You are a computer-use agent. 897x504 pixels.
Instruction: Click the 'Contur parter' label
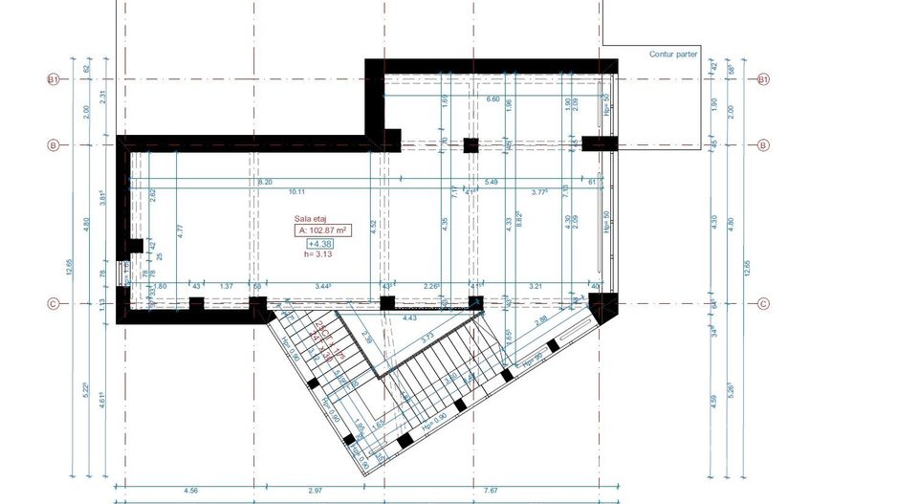point(673,55)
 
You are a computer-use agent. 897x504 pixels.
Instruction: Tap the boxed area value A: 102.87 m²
point(320,230)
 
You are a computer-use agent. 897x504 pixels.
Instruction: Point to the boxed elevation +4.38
point(319,244)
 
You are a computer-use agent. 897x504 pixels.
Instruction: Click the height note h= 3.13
point(317,254)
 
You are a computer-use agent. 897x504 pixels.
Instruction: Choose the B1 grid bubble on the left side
point(55,79)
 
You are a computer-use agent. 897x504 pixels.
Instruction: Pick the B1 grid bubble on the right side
point(763,79)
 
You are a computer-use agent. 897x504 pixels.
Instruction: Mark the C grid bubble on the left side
point(55,305)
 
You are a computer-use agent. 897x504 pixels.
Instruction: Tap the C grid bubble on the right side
point(763,305)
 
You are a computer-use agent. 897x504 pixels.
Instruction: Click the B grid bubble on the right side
point(763,145)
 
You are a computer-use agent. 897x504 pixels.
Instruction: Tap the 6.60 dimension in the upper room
point(492,99)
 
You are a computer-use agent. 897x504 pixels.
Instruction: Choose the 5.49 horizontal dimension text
point(492,182)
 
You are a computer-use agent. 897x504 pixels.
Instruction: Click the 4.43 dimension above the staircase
point(410,317)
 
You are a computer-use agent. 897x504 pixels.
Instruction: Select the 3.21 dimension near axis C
point(536,286)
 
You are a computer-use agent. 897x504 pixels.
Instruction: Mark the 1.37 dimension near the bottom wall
point(227,286)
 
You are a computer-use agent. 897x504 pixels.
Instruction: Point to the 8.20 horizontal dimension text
point(265,182)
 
